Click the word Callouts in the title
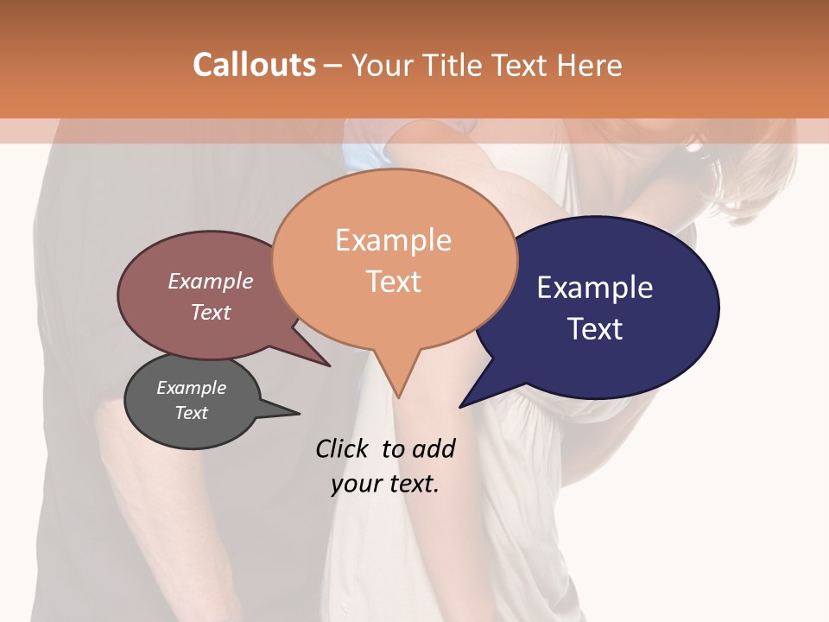254,65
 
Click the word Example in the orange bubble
393,240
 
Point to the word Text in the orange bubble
393,282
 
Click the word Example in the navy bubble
595,288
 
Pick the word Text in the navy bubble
595,329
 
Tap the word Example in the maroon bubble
211,281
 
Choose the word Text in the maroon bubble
211,312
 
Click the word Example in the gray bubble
191,388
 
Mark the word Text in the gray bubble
191,413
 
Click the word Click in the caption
343,448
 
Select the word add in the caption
433,448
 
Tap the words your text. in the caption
385,484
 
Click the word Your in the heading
383,65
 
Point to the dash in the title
333,66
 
